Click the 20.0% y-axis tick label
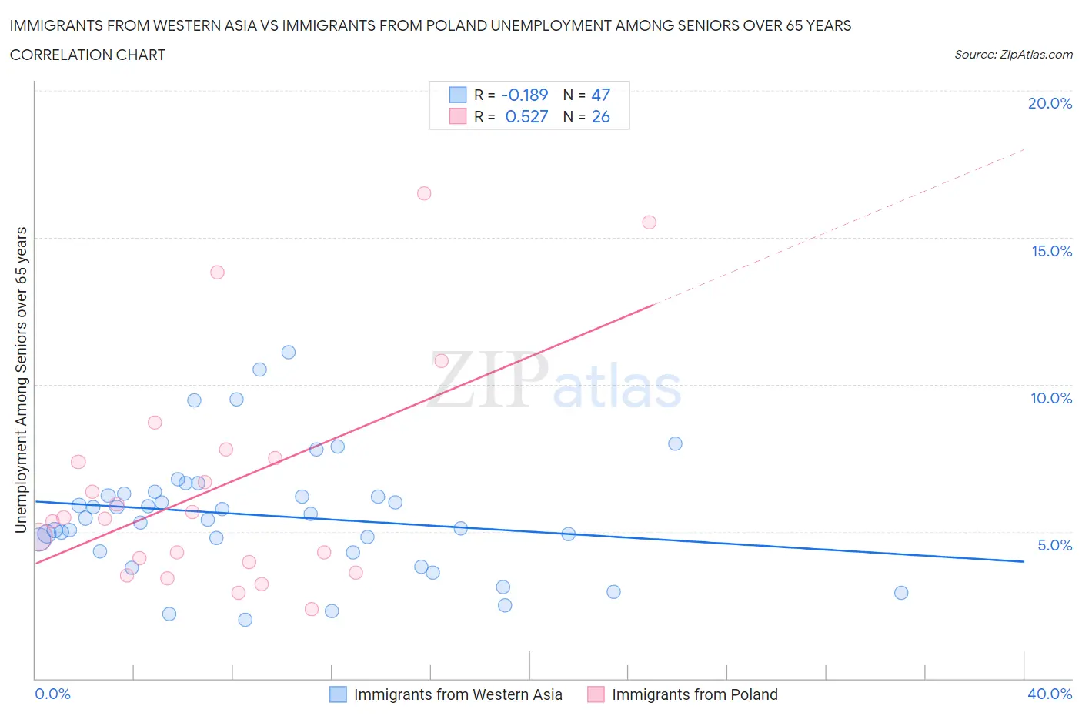[1050, 103]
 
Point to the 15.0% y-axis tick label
[1051, 251]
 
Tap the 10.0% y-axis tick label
[1051, 398]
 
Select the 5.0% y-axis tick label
[1054, 545]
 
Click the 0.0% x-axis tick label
[52, 694]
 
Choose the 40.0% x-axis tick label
[1050, 694]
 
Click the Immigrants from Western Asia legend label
[458, 694]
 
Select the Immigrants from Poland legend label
[694, 694]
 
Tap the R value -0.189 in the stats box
[524, 95]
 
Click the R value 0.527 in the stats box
[526, 116]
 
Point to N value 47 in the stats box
[600, 95]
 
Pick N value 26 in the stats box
[600, 116]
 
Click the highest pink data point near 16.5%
[424, 193]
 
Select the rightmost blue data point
[901, 593]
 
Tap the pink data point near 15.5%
[650, 222]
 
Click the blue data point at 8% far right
[675, 443]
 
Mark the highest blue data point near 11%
[289, 353]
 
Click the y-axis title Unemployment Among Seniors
[22, 380]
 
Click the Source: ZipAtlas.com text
[1013, 55]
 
